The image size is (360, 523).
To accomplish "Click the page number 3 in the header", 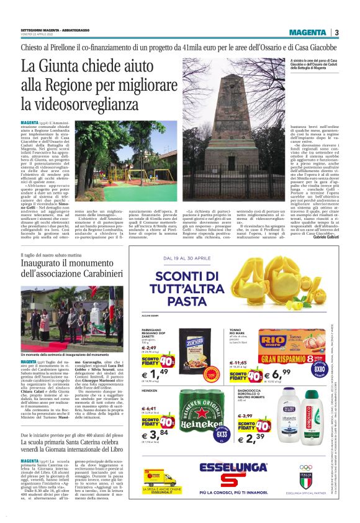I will (x=336, y=32).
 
